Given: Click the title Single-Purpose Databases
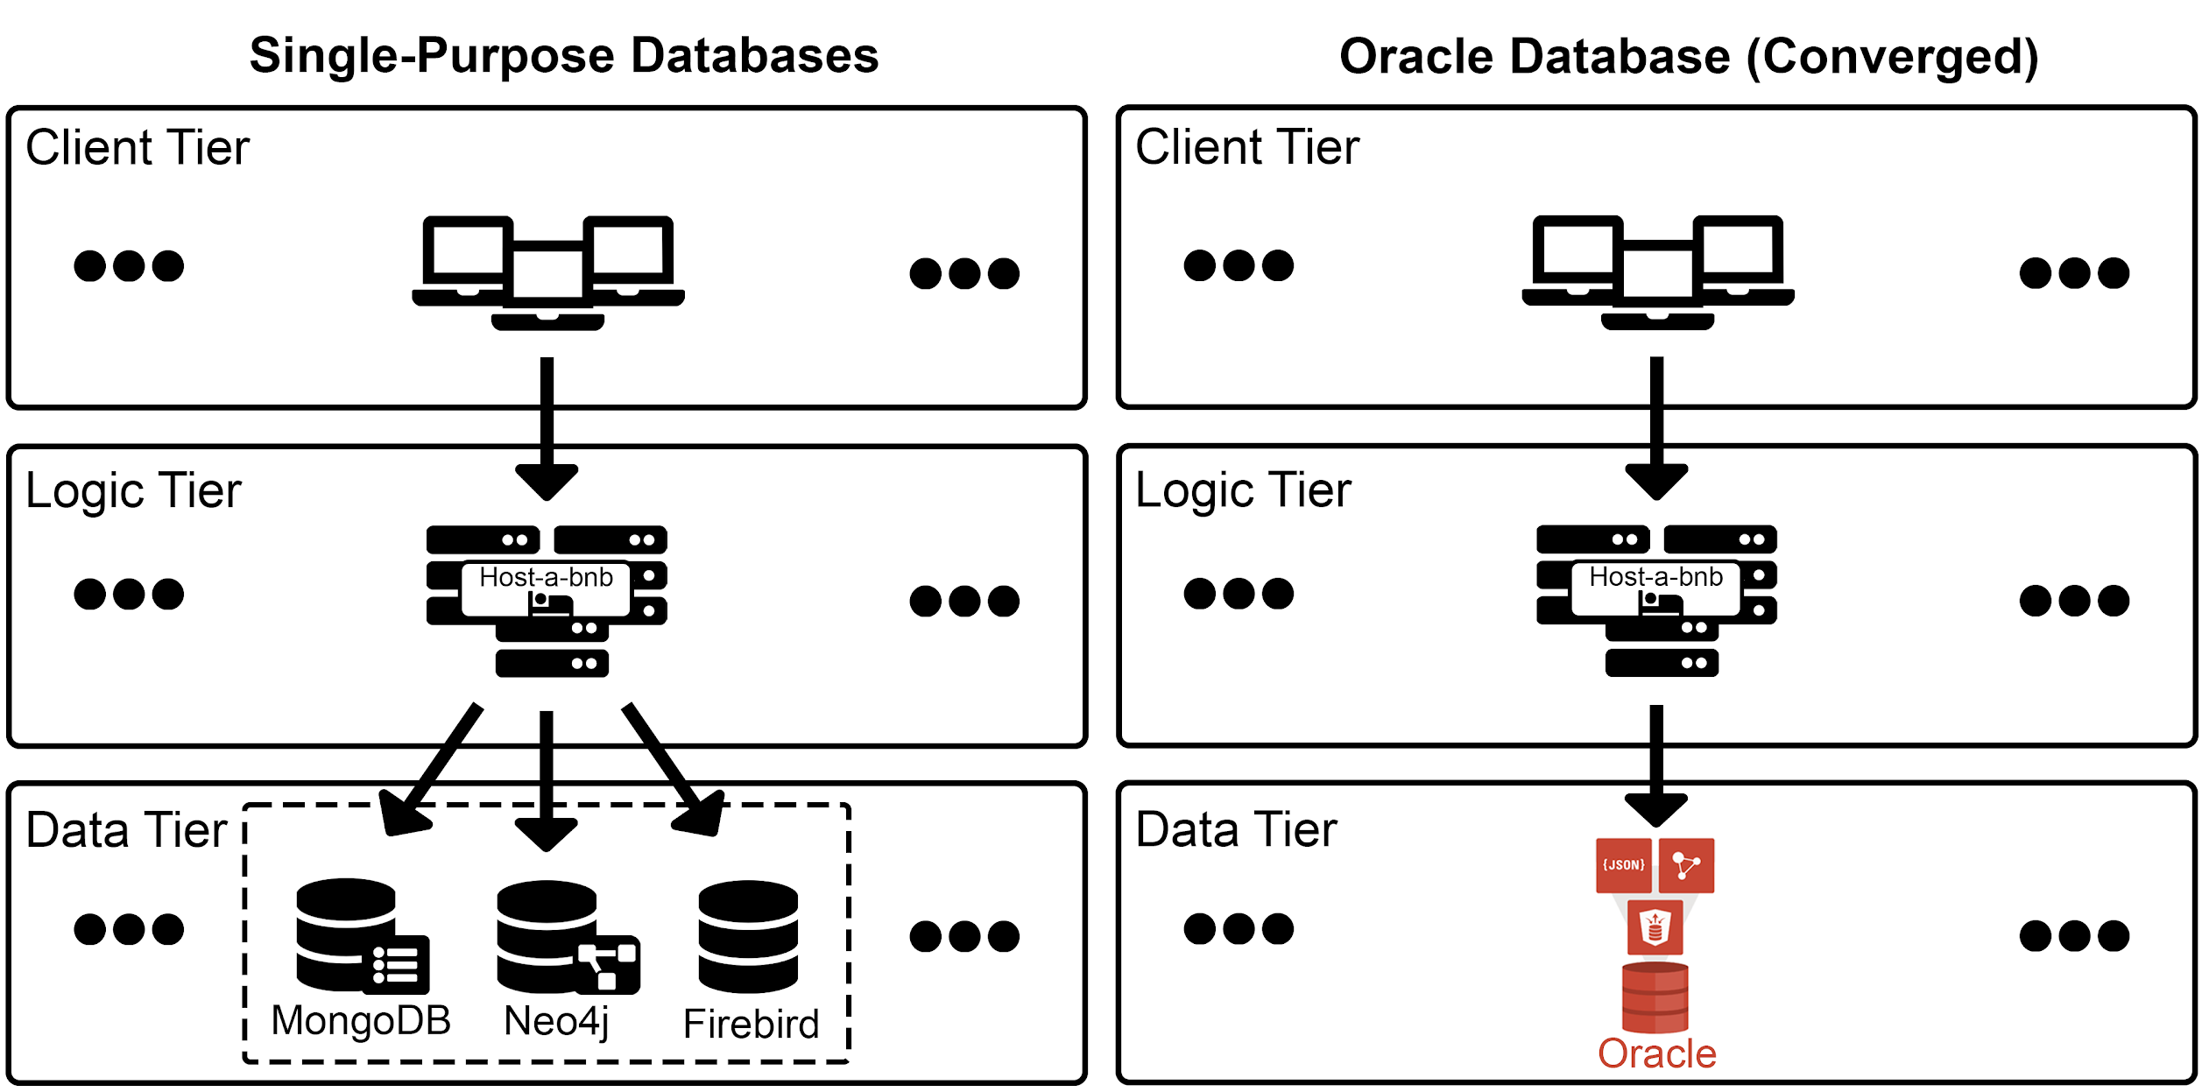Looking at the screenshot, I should click(563, 56).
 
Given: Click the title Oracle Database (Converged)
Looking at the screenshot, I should click(1689, 57).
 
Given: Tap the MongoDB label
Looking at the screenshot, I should click(361, 1021).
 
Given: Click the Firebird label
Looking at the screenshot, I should click(751, 1024).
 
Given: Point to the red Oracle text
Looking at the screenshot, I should click(1656, 1054).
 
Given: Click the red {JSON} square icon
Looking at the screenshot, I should click(1623, 865).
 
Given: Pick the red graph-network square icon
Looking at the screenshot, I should click(1686, 865).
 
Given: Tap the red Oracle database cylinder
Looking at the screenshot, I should click(1655, 998).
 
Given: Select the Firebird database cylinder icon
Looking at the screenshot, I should click(748, 936).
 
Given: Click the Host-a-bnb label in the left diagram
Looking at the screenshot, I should click(546, 578).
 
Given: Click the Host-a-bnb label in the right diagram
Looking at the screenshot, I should click(1655, 577).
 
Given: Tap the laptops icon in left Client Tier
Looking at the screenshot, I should click(547, 271).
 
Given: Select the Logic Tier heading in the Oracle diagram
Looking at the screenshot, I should click(1242, 490).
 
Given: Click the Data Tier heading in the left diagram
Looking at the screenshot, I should click(126, 829).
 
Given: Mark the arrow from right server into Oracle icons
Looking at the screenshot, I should click(1655, 762).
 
